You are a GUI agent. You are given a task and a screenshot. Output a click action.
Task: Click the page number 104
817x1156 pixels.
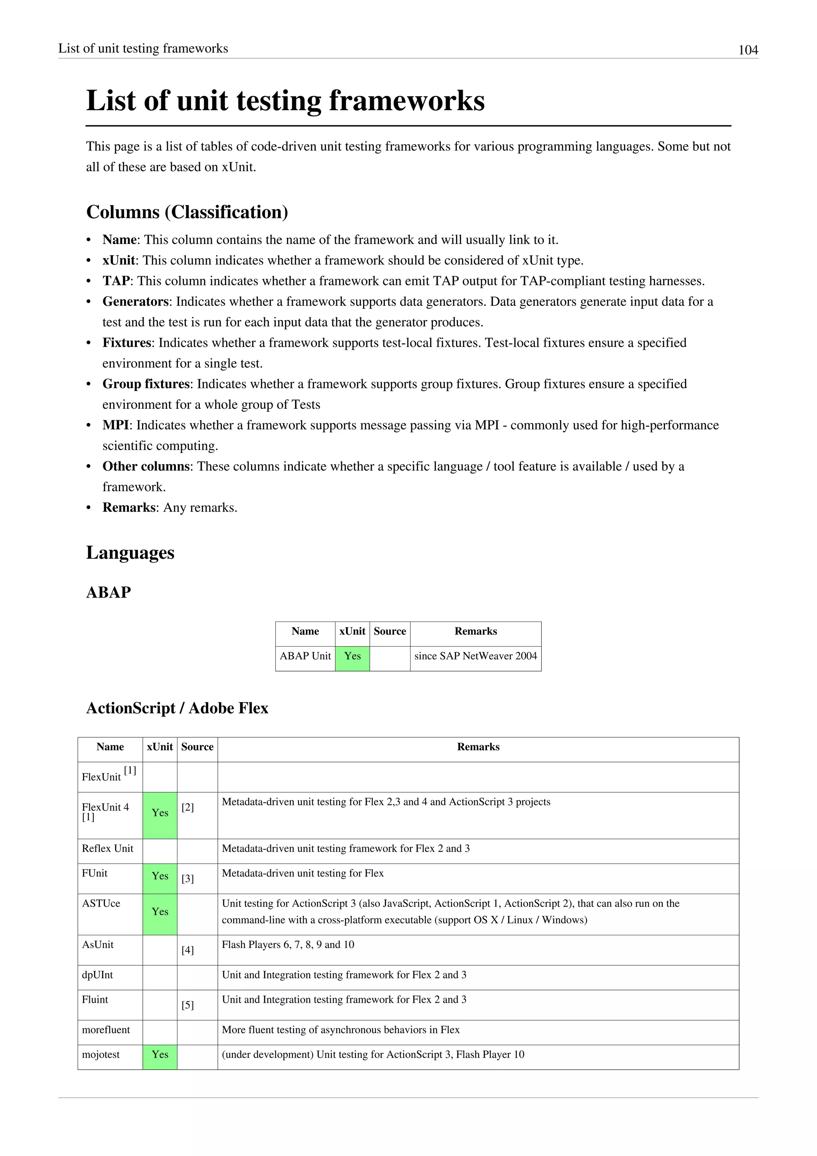click(748, 50)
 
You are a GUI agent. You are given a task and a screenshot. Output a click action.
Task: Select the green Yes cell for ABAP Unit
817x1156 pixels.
click(352, 656)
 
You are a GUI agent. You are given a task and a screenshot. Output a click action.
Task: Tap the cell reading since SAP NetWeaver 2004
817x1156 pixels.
click(476, 656)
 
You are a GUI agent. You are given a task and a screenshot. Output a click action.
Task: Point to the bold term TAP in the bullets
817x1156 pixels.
click(116, 281)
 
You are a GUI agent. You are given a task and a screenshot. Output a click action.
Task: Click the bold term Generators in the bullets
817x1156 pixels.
click(135, 302)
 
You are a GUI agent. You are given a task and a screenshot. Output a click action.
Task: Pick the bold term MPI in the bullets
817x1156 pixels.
click(116, 425)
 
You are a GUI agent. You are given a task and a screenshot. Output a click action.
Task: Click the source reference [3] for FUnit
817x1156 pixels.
click(187, 879)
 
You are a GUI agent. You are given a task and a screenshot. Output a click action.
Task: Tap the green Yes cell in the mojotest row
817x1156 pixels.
click(160, 1054)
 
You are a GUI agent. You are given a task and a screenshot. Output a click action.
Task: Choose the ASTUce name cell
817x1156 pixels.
click(101, 903)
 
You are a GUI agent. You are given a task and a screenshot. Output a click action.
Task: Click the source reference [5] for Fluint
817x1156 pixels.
click(187, 1005)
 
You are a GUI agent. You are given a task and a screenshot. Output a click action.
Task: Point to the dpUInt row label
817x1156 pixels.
click(98, 975)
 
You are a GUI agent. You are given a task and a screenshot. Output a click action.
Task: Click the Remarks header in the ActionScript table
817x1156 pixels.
click(478, 747)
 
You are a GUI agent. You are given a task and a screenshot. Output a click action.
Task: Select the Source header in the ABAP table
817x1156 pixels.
click(389, 631)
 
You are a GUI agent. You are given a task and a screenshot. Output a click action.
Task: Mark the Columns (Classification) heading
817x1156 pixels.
click(187, 212)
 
